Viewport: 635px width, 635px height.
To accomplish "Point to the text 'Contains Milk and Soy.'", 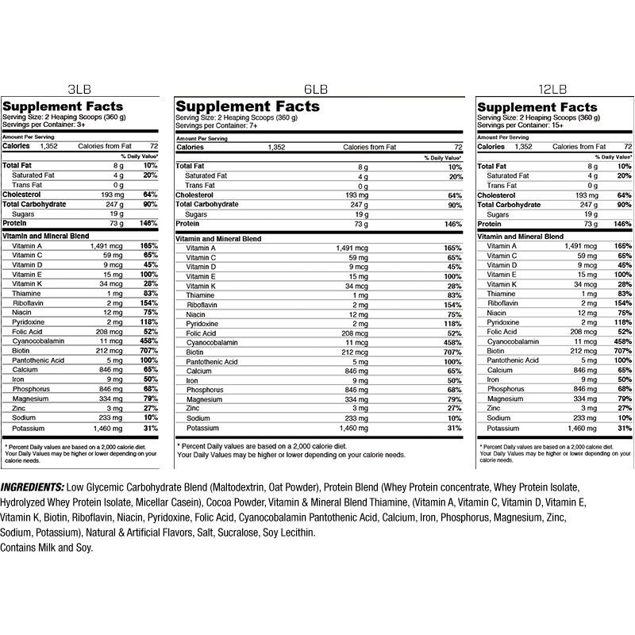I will coord(47,548).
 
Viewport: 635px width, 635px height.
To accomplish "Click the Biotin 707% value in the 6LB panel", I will coord(453,351).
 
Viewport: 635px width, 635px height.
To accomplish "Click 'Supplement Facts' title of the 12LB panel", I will coord(537,106).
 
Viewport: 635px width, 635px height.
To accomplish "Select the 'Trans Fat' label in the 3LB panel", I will coord(28,185).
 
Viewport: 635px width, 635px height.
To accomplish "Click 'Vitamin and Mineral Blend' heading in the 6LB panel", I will coord(218,238).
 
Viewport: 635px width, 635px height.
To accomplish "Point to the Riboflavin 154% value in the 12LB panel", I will coord(622,303).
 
